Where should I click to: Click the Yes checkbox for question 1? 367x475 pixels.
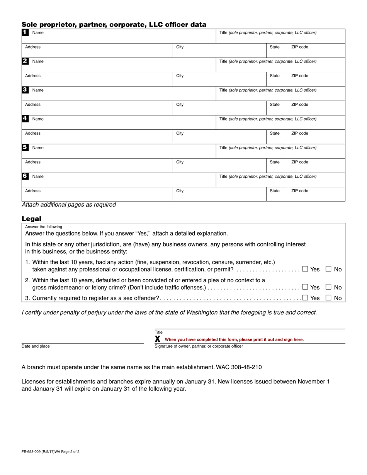(x=305, y=269)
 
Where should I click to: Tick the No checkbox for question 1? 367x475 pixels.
(x=328, y=269)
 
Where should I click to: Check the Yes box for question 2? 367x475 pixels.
(x=305, y=287)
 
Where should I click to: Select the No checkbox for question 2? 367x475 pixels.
(x=328, y=287)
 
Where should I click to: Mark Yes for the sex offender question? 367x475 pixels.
(x=305, y=297)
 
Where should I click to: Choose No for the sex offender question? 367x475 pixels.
(x=328, y=297)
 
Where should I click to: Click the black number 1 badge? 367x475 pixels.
(x=25, y=32)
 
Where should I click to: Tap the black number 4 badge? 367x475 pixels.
(x=25, y=119)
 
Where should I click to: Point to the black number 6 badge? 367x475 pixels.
(x=25, y=176)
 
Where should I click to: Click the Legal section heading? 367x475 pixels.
(x=31, y=219)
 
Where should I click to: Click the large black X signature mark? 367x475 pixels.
(x=158, y=339)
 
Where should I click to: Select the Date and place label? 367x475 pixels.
(x=36, y=346)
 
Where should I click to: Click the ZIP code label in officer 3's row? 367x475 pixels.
(x=299, y=105)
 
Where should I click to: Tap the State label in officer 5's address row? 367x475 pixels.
(x=275, y=162)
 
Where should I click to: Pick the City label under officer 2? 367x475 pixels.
(x=180, y=76)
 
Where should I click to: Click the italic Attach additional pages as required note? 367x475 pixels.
(x=69, y=205)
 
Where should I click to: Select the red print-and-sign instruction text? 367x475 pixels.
(x=234, y=339)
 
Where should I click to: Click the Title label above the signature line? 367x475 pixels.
(x=159, y=332)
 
